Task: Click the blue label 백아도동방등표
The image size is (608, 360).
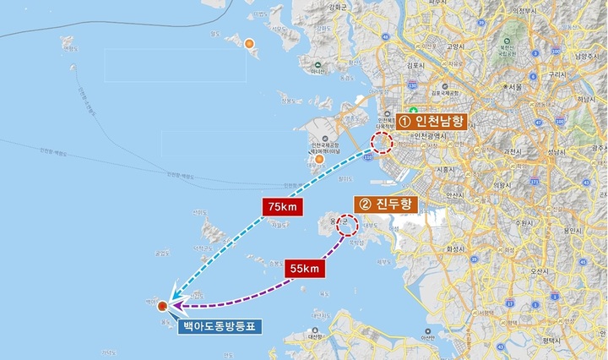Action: coord(223,325)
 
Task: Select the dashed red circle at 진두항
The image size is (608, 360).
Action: coord(347,225)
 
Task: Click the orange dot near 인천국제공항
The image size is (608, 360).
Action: coord(319,159)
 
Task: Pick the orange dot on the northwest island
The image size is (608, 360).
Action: coord(249,44)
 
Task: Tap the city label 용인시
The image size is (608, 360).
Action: coord(571,229)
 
